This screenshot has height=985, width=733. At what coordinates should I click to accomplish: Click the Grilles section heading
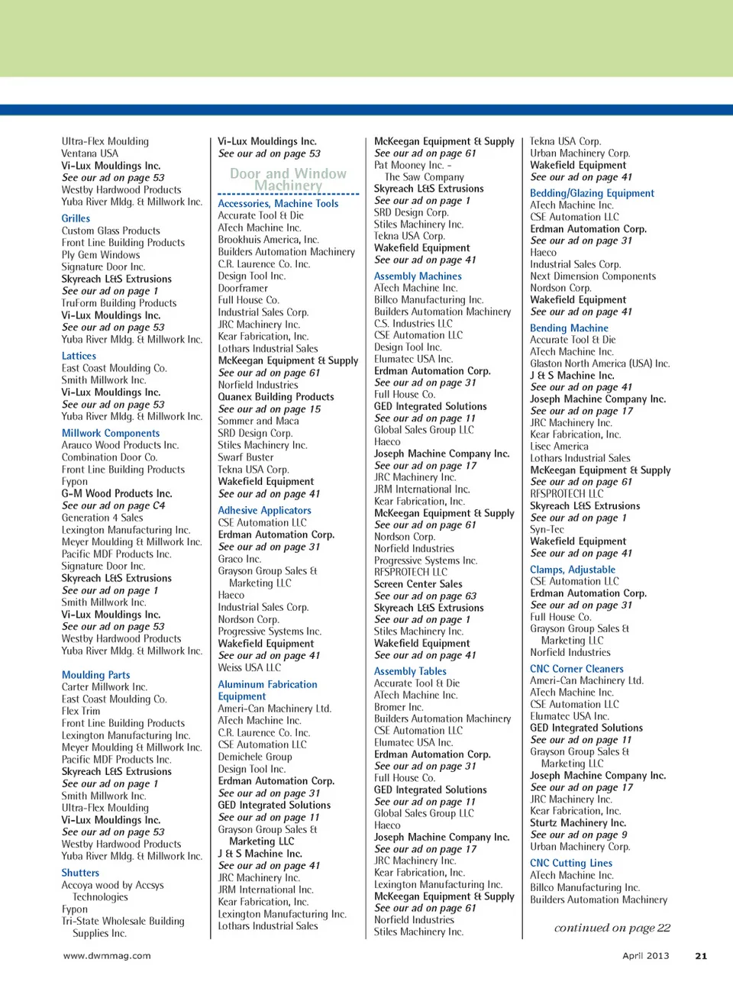(x=76, y=218)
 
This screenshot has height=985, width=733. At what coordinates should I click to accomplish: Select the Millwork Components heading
(x=111, y=433)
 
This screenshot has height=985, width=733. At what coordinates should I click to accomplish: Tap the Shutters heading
(x=80, y=873)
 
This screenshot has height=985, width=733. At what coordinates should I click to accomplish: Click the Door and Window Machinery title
(x=288, y=179)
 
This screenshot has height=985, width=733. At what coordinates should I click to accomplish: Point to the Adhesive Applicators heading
(x=264, y=511)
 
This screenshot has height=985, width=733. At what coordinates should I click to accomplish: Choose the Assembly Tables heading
(x=410, y=671)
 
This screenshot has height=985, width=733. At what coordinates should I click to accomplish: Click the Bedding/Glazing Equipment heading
(x=592, y=193)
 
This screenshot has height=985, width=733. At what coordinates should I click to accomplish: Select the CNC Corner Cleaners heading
(x=576, y=669)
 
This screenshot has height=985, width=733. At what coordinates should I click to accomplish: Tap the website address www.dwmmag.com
(x=107, y=955)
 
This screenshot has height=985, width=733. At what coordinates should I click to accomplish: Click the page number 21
(x=701, y=955)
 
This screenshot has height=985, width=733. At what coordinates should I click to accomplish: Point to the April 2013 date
(x=645, y=955)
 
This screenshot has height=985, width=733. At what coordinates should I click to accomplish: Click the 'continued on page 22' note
(x=612, y=928)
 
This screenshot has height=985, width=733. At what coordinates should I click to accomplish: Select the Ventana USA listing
(x=90, y=153)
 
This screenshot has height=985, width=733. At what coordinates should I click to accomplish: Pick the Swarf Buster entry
(x=246, y=457)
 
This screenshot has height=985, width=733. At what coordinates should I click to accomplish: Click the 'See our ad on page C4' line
(x=113, y=505)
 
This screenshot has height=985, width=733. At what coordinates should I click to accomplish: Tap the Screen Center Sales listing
(x=418, y=584)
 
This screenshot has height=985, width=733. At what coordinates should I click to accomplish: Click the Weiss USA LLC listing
(x=250, y=667)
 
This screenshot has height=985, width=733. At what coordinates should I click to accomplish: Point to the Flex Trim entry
(x=81, y=711)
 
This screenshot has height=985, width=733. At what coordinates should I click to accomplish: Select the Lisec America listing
(x=559, y=447)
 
